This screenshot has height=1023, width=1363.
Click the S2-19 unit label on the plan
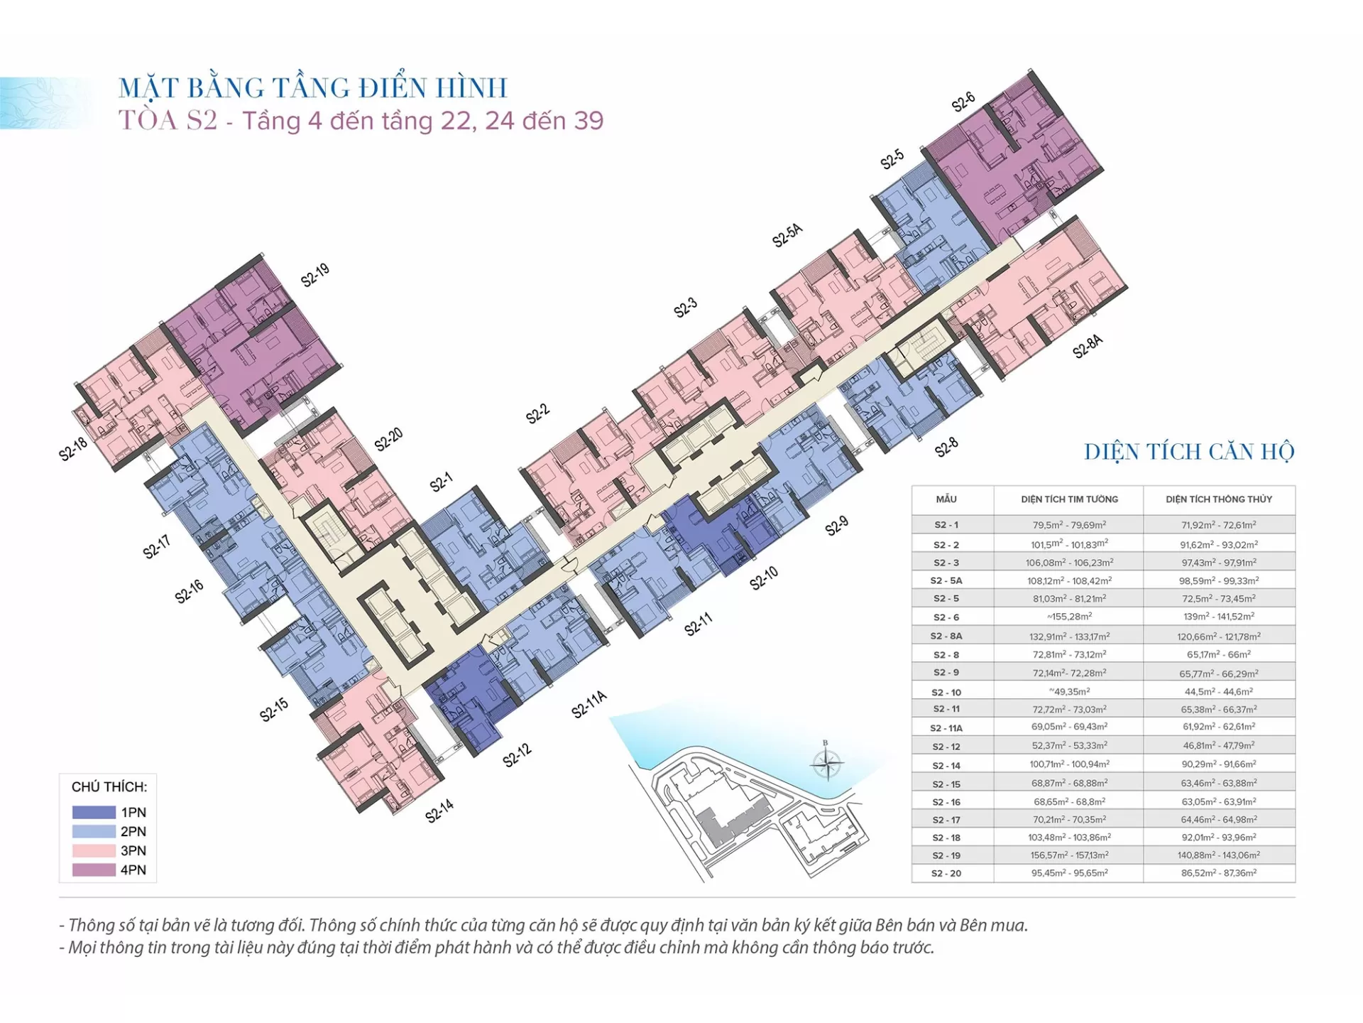314,275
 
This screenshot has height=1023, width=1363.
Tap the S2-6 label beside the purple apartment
963,102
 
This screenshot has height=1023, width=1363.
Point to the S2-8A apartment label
1088,346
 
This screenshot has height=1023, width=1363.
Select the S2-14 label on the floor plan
439,811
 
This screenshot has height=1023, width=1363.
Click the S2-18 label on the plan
73,449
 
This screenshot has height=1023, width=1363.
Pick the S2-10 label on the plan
764,578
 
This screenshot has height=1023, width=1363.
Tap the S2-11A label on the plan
589,703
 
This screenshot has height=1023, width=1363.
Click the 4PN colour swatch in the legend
94,870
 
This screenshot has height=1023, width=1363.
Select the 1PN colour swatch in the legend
94,812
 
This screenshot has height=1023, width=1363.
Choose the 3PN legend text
133,850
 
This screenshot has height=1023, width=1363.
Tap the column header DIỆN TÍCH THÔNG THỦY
1219,499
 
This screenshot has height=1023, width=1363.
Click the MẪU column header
946,499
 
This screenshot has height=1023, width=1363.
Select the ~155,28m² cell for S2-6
1069,617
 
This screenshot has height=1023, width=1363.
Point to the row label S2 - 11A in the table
946,728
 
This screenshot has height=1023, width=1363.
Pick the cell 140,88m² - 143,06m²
1219,855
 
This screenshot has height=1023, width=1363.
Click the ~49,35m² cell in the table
1069,691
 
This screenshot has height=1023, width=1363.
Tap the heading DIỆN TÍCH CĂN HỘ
1189,452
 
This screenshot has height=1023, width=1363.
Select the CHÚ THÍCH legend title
109,787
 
